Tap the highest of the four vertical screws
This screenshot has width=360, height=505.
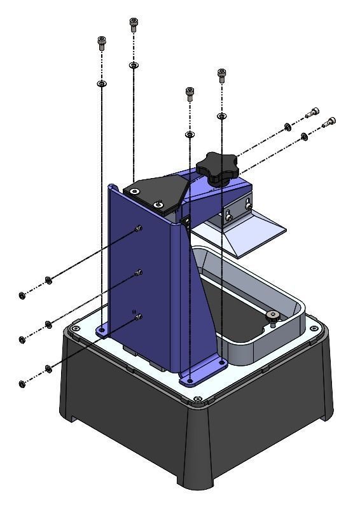click(133, 24)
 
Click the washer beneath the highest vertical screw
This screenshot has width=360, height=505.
click(133, 65)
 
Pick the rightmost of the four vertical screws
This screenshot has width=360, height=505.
click(221, 75)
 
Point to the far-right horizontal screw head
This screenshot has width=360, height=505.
click(329, 121)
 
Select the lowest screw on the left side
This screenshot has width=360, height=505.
click(22, 384)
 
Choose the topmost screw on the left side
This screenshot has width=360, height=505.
click(22, 294)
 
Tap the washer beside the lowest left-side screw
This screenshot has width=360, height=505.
click(48, 369)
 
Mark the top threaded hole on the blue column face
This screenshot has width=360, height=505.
click(139, 228)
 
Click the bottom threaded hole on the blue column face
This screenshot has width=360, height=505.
click(138, 316)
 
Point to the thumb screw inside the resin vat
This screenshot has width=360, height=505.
click(273, 316)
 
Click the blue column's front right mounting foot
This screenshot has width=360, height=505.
click(203, 372)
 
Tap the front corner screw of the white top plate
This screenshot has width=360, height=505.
click(198, 399)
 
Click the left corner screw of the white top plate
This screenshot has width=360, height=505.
click(76, 328)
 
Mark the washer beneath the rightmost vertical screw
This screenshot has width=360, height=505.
click(221, 116)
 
